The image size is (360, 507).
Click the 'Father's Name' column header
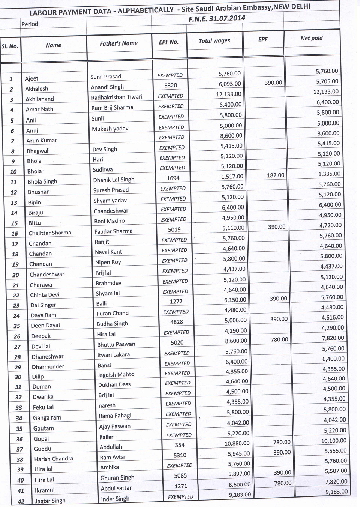click(x=118, y=43)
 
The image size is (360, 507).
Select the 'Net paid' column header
click(x=311, y=38)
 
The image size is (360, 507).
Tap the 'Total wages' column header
click(x=214, y=40)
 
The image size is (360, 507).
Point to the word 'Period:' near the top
click(x=30, y=24)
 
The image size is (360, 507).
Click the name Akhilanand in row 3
click(x=40, y=99)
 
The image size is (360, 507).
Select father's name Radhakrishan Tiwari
click(x=117, y=97)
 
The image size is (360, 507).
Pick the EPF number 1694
click(x=173, y=178)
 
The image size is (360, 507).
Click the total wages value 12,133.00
click(x=228, y=94)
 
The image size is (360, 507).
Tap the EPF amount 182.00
click(x=275, y=175)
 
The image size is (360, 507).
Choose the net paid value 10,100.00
click(x=334, y=441)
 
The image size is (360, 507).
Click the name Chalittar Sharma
click(x=50, y=233)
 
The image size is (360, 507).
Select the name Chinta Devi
click(x=45, y=295)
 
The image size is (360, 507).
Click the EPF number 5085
click(x=180, y=476)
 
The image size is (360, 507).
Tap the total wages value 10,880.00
click(x=237, y=443)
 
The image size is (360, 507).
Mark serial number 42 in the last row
click(x=21, y=501)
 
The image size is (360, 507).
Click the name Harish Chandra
click(x=54, y=459)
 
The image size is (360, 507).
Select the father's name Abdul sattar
click(x=116, y=488)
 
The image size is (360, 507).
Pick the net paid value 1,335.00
click(x=329, y=174)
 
